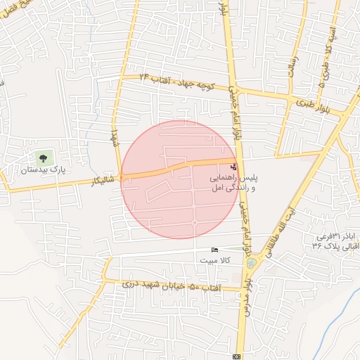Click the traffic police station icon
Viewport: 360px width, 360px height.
[x=234, y=167]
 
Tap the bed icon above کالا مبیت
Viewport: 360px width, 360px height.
[x=214, y=250]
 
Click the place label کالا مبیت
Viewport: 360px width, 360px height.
[x=217, y=261]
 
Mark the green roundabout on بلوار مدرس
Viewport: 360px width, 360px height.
[x=252, y=263]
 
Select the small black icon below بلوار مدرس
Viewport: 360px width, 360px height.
[x=237, y=356]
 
